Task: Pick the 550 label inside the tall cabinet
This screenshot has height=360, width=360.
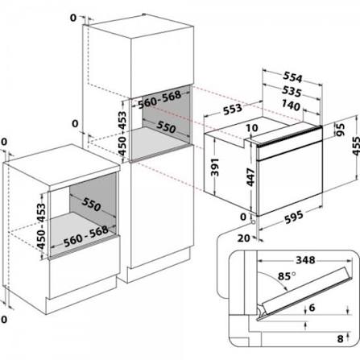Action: (165, 128)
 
